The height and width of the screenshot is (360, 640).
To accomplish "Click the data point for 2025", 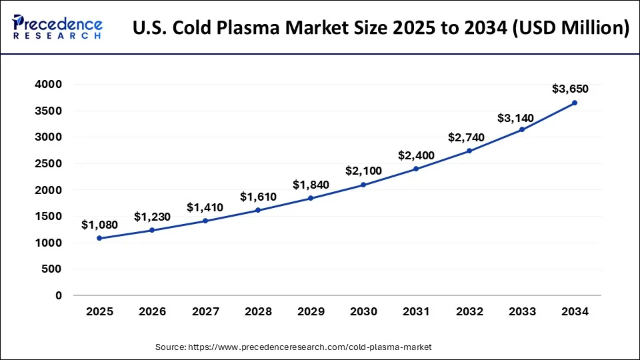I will [x=99, y=238].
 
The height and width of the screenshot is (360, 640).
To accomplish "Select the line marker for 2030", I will [x=363, y=185].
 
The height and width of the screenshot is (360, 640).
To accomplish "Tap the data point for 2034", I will [x=575, y=103].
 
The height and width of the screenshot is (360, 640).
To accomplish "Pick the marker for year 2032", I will [x=469, y=151].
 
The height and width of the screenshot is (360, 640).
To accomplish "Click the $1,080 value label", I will [x=99, y=225].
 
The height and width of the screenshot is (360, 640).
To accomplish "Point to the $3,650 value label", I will [x=570, y=89].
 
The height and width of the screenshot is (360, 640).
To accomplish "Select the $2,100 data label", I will [x=363, y=171].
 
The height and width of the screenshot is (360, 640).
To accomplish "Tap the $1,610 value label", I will [x=258, y=197].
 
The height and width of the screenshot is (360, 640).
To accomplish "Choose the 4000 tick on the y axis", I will [x=49, y=85].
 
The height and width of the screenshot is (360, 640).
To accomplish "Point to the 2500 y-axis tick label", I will [x=49, y=163].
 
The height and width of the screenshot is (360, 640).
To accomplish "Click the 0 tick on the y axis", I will [x=59, y=295].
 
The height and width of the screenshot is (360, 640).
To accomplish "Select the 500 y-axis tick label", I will [x=53, y=269].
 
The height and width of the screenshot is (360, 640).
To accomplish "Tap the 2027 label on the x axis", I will [x=205, y=311].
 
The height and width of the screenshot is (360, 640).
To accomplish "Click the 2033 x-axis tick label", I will [x=522, y=311].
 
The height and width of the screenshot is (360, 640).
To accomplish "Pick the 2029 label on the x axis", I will [x=311, y=311].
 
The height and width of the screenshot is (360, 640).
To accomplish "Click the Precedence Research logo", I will [x=57, y=27].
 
